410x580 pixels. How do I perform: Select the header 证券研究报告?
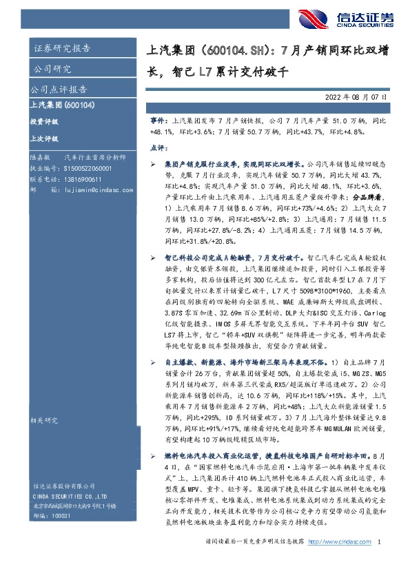pyautogui.click(x=62, y=48)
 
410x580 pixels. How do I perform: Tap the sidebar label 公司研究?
pyautogui.click(x=52, y=69)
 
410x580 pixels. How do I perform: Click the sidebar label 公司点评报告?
pyautogui.click(x=58, y=90)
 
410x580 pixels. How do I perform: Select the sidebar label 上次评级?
pyautogui.click(x=45, y=138)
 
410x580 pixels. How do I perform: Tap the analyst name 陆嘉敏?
pyautogui.click(x=39, y=158)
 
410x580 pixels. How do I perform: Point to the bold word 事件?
pyautogui.click(x=157, y=120)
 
